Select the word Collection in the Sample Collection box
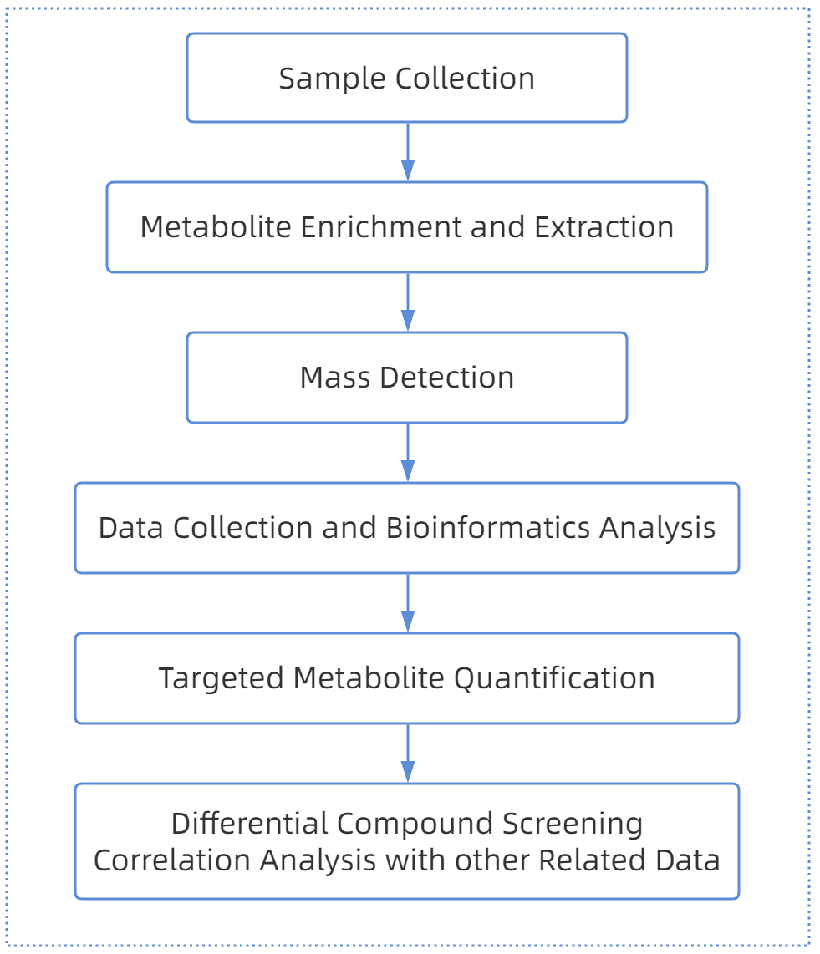[x=465, y=79]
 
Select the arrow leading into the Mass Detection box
[x=407, y=302]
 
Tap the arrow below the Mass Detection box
[x=407, y=453]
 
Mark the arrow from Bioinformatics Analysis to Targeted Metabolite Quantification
[x=407, y=603]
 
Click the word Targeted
[x=221, y=678]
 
